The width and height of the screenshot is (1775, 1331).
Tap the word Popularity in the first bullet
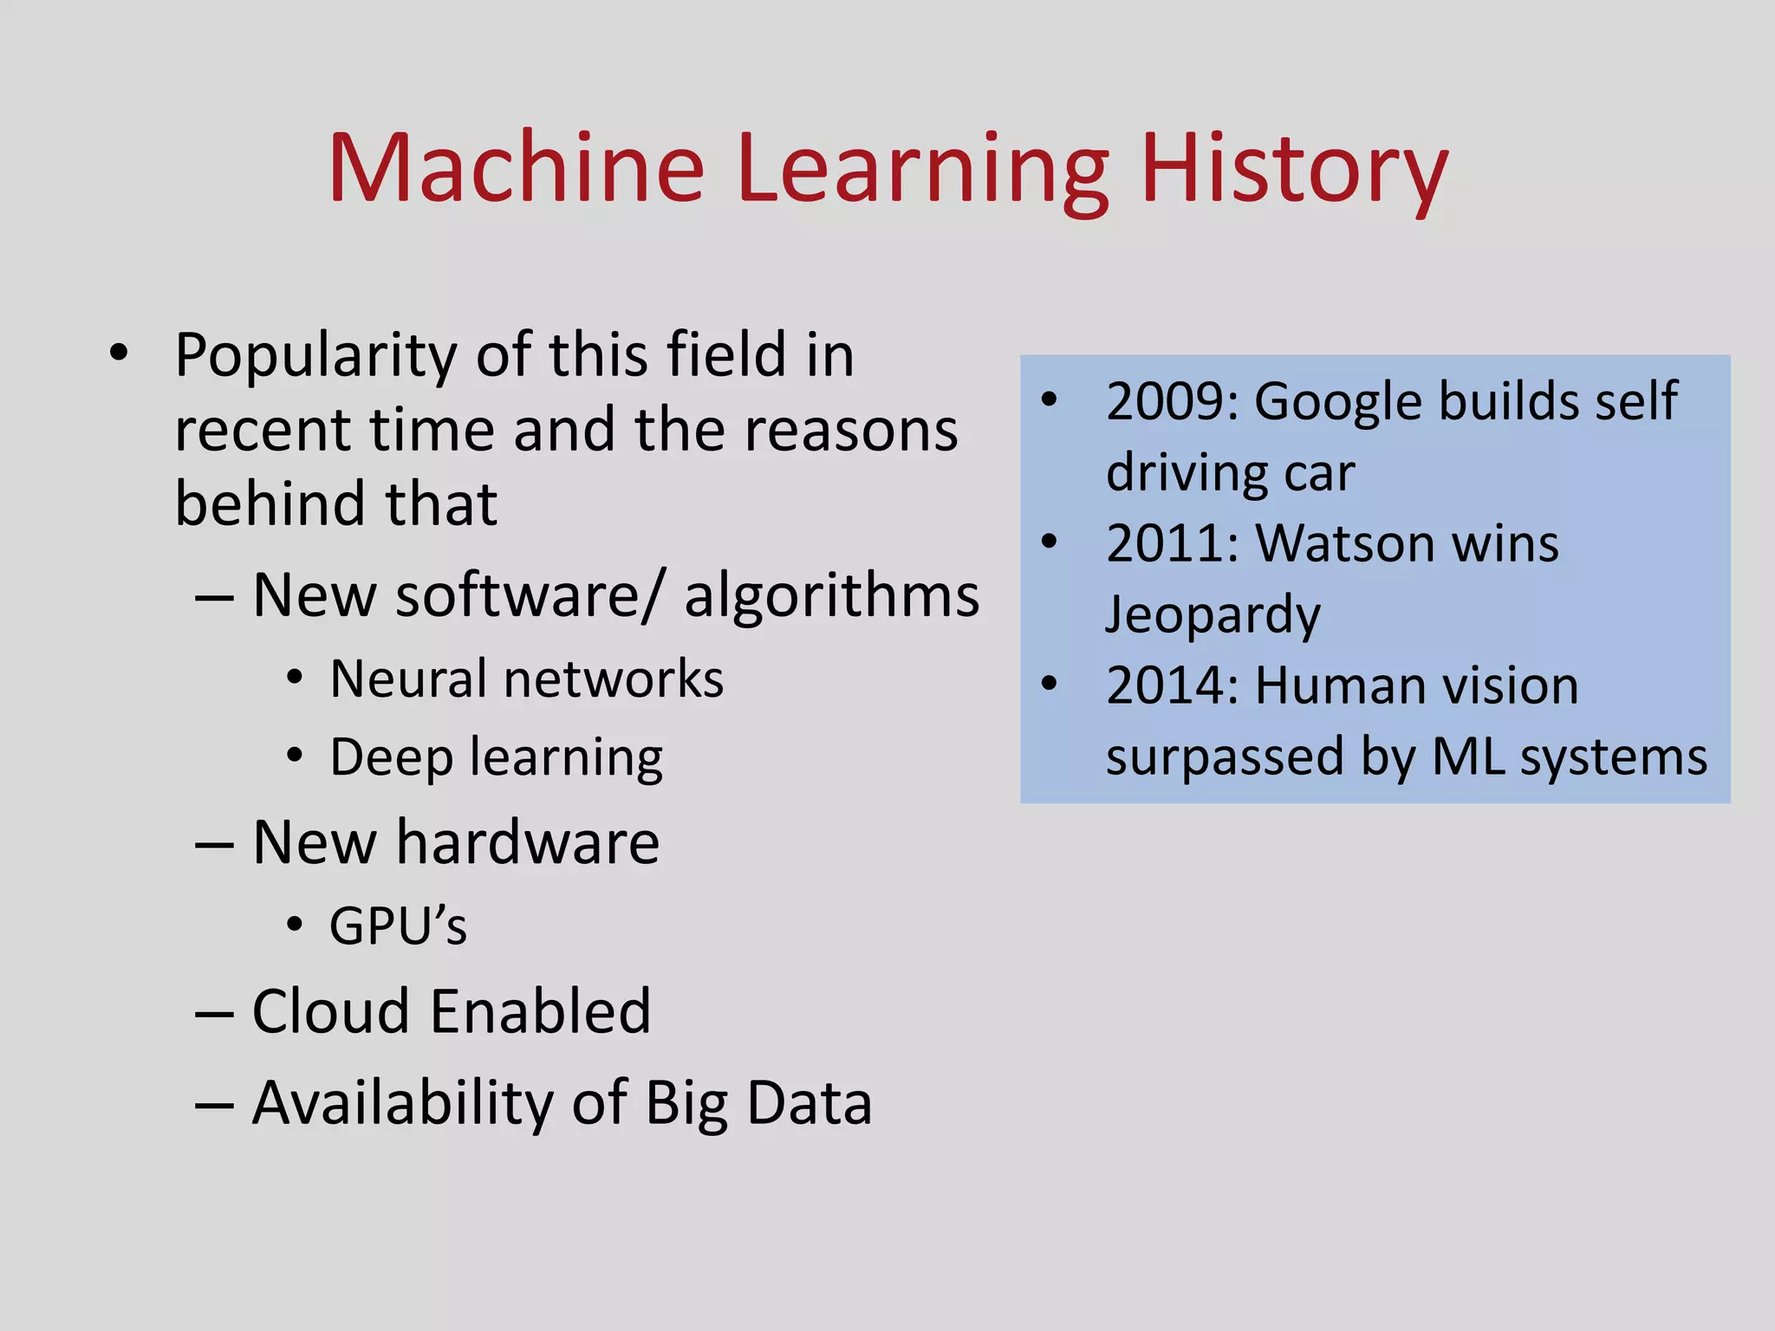(x=315, y=357)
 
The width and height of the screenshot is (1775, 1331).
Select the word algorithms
(x=831, y=597)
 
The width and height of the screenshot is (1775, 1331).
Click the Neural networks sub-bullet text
(x=526, y=678)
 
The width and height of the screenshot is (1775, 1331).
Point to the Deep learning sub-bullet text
(x=496, y=758)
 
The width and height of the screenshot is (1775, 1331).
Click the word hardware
(x=527, y=842)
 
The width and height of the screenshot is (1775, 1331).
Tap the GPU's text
(x=398, y=925)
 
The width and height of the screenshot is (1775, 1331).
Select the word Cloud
(x=330, y=1011)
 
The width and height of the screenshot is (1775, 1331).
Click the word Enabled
(x=541, y=1011)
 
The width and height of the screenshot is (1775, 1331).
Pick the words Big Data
(x=758, y=1103)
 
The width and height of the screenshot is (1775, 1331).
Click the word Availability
(x=402, y=1103)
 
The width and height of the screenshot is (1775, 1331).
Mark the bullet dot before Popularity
(x=119, y=353)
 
